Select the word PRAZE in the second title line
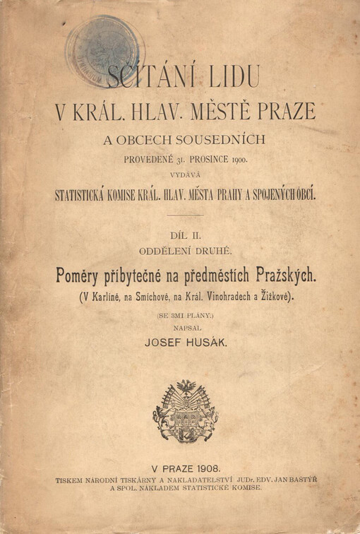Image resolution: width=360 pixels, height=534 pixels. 287,112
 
